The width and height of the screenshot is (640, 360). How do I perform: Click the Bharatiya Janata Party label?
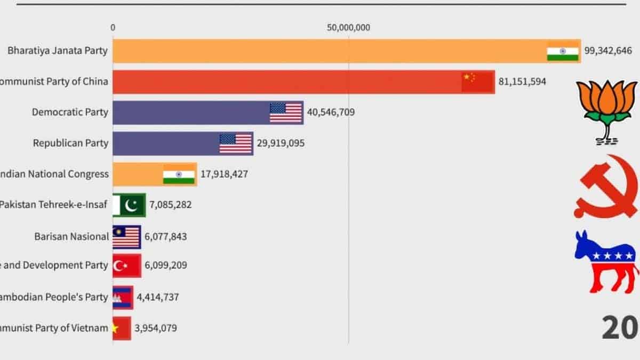tap(57, 51)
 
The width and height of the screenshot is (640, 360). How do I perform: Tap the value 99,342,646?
tap(608, 51)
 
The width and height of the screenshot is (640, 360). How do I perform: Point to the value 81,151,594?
tap(522, 82)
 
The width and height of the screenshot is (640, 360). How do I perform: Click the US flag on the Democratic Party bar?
tap(286, 113)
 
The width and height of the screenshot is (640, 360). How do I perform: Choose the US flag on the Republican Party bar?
tap(236, 143)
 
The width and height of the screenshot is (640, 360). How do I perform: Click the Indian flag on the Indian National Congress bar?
tap(179, 174)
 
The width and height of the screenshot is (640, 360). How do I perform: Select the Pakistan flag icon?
tap(129, 205)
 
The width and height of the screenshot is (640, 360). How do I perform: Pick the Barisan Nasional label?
tap(71, 236)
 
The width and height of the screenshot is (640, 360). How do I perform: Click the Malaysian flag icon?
tap(126, 237)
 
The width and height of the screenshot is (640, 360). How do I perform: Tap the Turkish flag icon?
tap(126, 266)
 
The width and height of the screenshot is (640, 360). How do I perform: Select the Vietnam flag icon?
tap(121, 328)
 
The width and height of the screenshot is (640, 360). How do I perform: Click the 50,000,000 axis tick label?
tap(349, 28)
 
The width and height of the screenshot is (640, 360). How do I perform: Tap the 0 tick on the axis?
tap(113, 28)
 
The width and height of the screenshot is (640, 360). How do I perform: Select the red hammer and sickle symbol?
tap(606, 187)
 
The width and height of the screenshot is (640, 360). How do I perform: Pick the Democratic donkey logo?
tap(606, 261)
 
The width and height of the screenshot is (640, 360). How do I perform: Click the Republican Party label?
tap(70, 143)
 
